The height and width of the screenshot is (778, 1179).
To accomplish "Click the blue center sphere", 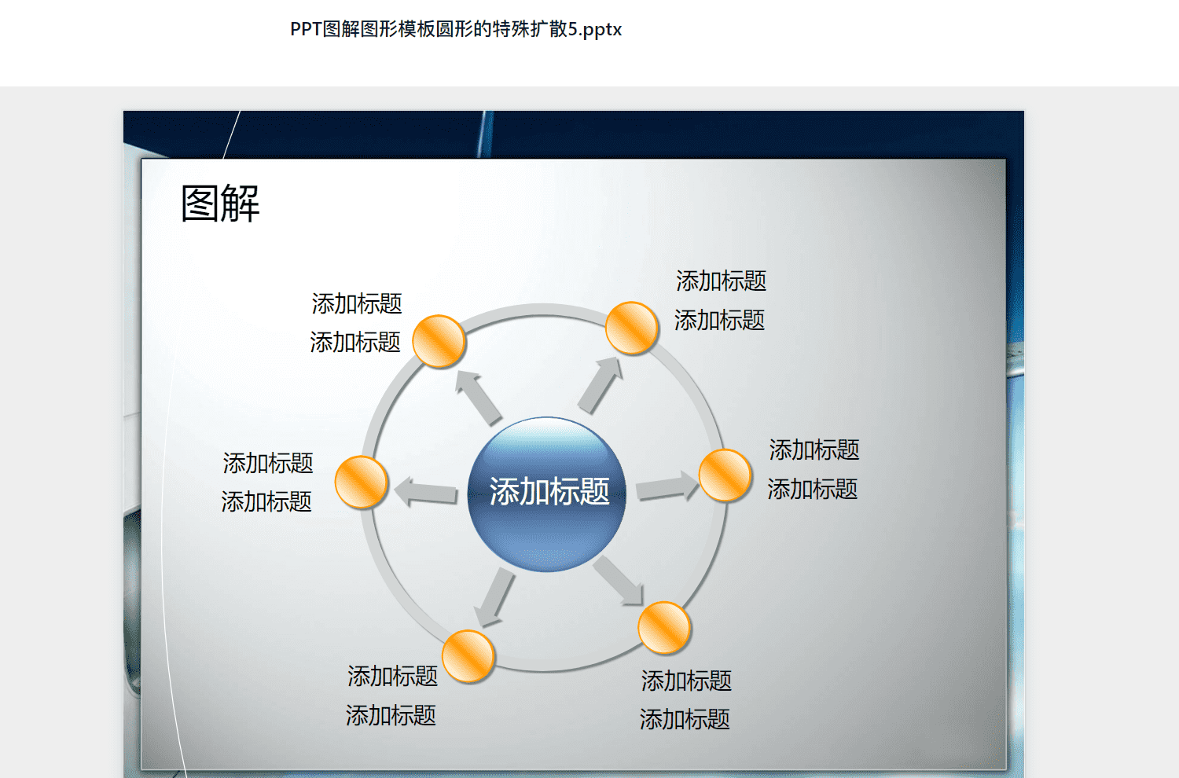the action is pyautogui.click(x=546, y=494).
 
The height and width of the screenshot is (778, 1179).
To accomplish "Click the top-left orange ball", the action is pyautogui.click(x=439, y=341).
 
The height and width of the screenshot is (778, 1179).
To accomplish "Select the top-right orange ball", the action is pyautogui.click(x=632, y=328).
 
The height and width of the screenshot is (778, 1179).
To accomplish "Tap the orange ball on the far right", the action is pyautogui.click(x=725, y=475).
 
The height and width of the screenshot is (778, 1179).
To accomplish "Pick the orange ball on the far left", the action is pyautogui.click(x=361, y=482).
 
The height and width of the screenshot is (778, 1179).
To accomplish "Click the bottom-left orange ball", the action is pyautogui.click(x=468, y=656).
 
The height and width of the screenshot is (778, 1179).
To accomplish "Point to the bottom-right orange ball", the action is pyautogui.click(x=663, y=627).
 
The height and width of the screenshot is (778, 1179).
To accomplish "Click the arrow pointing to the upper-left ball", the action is pyautogui.click(x=477, y=398).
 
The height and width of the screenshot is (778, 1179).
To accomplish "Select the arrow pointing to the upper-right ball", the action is pyautogui.click(x=601, y=385).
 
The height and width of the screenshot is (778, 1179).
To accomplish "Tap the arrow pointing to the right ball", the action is pyautogui.click(x=667, y=486).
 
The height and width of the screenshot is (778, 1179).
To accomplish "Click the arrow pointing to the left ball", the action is pyautogui.click(x=425, y=492).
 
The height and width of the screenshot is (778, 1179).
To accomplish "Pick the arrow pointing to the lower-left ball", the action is pyautogui.click(x=494, y=598).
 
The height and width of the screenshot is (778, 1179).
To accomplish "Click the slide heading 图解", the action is pyautogui.click(x=221, y=204).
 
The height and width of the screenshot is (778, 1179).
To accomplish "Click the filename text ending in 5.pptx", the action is pyautogui.click(x=456, y=29).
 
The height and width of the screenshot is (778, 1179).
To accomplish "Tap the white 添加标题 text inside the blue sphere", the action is pyautogui.click(x=549, y=491).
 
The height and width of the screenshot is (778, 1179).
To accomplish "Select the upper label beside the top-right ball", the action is pyautogui.click(x=721, y=281).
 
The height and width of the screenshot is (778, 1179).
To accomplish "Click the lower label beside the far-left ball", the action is pyautogui.click(x=266, y=501).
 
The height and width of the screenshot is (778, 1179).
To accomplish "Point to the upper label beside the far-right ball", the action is pyautogui.click(x=814, y=450).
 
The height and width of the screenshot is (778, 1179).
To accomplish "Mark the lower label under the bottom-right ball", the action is pyautogui.click(x=685, y=719).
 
